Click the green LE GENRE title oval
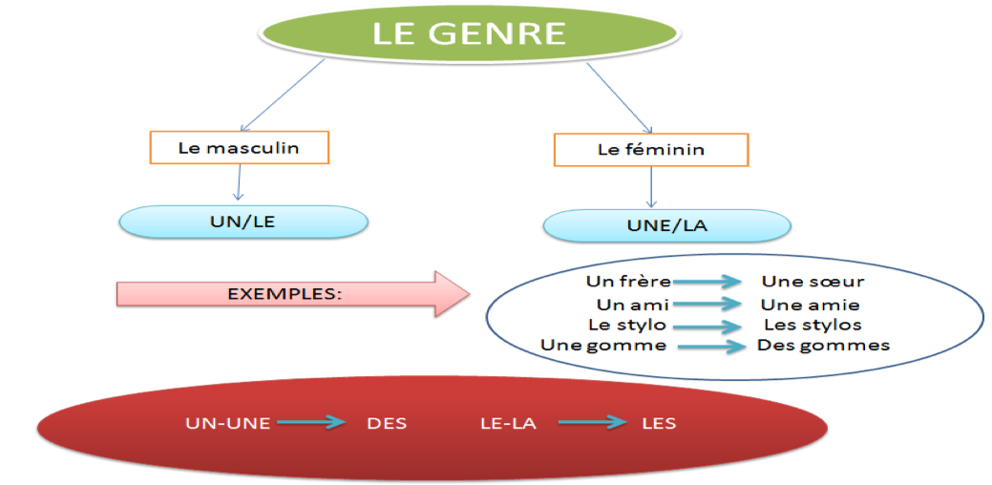pos(469,35)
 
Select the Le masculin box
pos(239,147)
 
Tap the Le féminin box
pos(651,150)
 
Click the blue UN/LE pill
pos(243,221)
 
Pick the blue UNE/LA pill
pos(666,225)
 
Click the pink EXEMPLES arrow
pos(286,293)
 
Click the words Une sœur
pos(813,282)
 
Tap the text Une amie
pos(811,306)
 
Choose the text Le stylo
pos(627,325)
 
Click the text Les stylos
pos(813,325)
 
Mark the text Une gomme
pos(603,345)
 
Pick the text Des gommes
pos(823,345)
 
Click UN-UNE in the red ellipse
pos(227,423)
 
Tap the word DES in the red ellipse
pos(387,423)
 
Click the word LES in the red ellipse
pos(659,423)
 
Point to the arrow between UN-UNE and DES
pos(309,423)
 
